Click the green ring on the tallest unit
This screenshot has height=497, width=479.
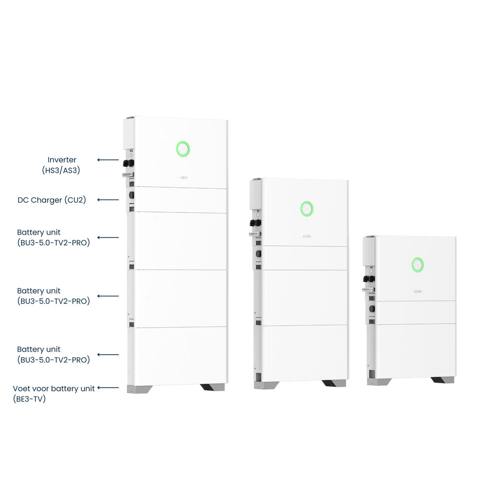click(x=183, y=149)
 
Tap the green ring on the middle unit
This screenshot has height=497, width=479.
click(x=307, y=209)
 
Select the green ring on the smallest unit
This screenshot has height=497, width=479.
click(x=417, y=265)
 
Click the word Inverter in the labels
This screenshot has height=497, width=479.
click(x=62, y=160)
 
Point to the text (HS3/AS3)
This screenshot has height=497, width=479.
click(x=62, y=170)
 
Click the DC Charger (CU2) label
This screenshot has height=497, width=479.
click(x=51, y=200)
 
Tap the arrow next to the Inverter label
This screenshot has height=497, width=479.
click(x=108, y=160)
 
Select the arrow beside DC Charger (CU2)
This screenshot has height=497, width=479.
click(x=108, y=199)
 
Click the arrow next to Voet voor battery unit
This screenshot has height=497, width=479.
click(x=108, y=388)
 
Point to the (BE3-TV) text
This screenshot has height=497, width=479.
click(x=29, y=399)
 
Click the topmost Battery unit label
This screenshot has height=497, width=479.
click(x=39, y=232)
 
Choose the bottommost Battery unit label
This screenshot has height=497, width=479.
click(x=39, y=349)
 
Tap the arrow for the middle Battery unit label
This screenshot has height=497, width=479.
click(x=108, y=296)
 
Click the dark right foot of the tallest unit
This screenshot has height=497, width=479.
click(x=212, y=387)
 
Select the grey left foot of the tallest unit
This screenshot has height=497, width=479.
click(x=139, y=389)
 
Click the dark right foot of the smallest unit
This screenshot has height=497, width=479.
click(x=442, y=380)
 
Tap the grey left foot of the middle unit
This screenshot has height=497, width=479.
click(x=266, y=385)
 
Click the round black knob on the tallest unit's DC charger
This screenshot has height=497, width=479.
click(x=131, y=195)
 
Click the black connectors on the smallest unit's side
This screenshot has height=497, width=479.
click(x=369, y=279)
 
